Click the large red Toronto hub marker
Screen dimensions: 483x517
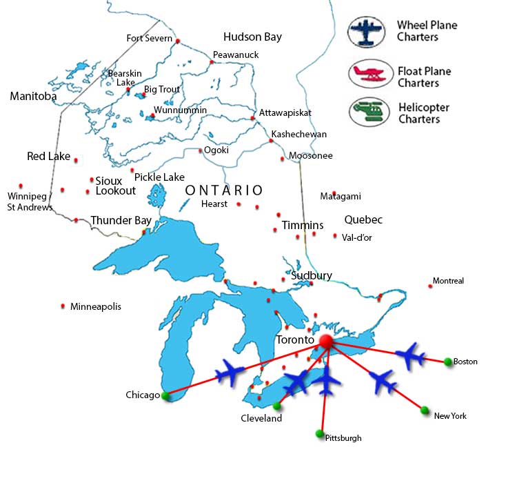click(x=326, y=342)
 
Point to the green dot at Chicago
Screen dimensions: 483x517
click(x=165, y=395)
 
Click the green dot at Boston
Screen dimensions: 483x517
click(x=448, y=361)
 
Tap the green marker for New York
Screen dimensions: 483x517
click(x=424, y=410)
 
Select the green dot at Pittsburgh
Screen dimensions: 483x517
click(x=319, y=433)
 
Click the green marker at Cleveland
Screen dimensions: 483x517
click(x=276, y=405)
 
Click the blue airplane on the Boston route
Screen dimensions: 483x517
click(x=411, y=355)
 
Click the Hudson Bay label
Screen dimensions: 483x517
click(x=252, y=37)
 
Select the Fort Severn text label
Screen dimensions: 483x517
click(x=149, y=38)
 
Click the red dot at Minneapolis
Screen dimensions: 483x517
click(x=63, y=306)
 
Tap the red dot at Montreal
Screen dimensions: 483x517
click(x=430, y=286)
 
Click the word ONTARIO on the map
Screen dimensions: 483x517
click(x=224, y=190)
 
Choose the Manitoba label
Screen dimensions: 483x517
click(x=33, y=97)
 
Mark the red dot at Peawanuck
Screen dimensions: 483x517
click(x=212, y=62)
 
